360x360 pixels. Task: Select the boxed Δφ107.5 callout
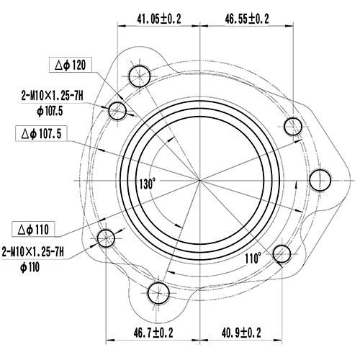coord(43,133)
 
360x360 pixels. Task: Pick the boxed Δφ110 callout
coord(33,230)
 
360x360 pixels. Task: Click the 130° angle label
coord(148,184)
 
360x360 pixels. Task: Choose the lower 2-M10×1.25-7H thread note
coord(33,251)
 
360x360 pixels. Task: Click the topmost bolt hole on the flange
coord(139,73)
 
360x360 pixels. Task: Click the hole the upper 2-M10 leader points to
coord(117,109)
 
